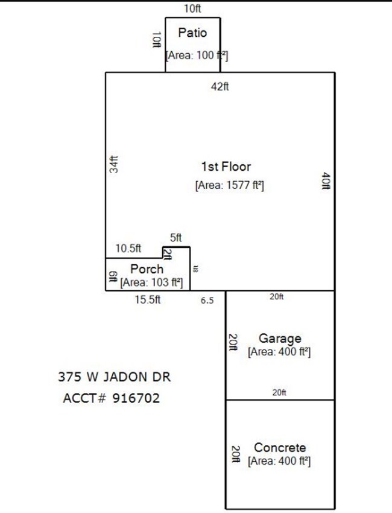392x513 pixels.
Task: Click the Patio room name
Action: point(192,33)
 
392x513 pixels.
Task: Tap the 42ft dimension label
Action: point(220,86)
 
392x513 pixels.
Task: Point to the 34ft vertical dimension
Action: point(114,165)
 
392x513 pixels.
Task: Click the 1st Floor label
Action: point(226,167)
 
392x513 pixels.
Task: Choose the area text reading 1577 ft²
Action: point(229,185)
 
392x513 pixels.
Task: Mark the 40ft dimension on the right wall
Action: point(325,181)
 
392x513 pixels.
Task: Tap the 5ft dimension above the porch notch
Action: point(175,238)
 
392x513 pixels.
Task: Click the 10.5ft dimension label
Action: point(128,248)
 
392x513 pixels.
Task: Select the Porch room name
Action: point(147,269)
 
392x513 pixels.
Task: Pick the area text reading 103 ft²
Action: point(151,282)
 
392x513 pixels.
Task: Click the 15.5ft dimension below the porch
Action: point(147,300)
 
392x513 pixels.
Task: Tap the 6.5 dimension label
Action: point(207,301)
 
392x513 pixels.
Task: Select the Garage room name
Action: point(280,339)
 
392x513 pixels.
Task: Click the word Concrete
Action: point(280,448)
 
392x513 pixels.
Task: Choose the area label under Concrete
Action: point(279,461)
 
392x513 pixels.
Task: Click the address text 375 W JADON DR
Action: point(114,377)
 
